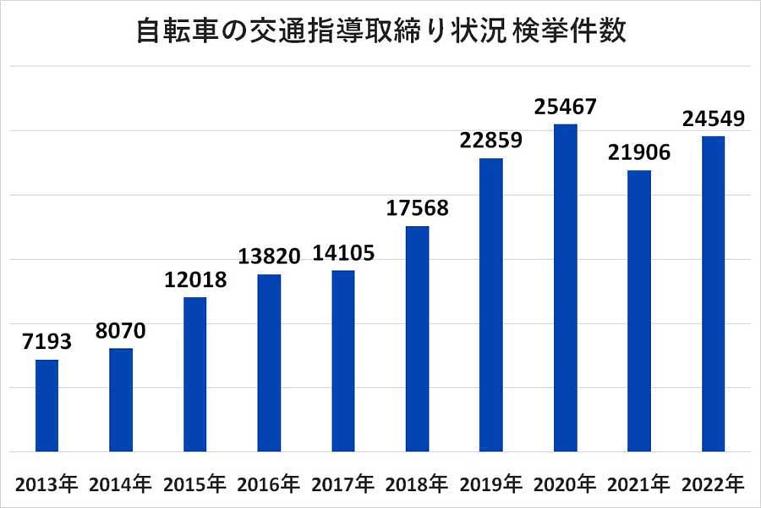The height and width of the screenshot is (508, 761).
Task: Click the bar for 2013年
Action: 47,406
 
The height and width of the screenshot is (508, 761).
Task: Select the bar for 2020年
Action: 565,288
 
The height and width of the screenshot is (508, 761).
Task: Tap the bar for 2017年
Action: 342,361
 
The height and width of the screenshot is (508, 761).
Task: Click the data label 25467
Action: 565,108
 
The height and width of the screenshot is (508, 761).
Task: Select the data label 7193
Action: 47,343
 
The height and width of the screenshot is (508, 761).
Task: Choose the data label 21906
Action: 638,153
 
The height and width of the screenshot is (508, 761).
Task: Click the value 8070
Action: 120,331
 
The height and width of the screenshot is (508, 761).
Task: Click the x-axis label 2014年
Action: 120,485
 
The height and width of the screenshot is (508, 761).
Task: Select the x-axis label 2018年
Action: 417,485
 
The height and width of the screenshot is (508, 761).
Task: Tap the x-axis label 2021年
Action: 638,485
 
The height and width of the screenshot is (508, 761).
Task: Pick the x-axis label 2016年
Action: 269,485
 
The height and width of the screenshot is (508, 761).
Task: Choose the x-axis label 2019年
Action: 490,485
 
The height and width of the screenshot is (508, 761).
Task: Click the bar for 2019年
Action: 490,305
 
